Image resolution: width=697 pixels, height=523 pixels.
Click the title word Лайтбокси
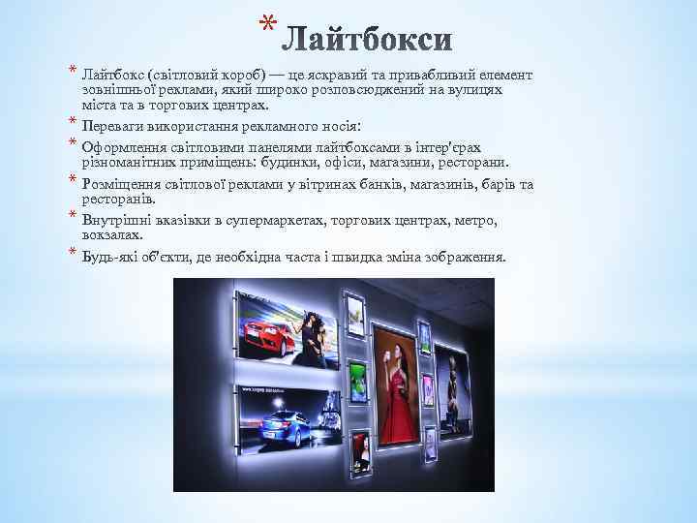click(372, 40)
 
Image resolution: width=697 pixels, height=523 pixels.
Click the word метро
click(475, 220)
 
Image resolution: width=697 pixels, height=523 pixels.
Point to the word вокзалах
click(113, 234)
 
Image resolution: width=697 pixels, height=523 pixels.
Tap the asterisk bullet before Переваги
click(73, 121)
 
